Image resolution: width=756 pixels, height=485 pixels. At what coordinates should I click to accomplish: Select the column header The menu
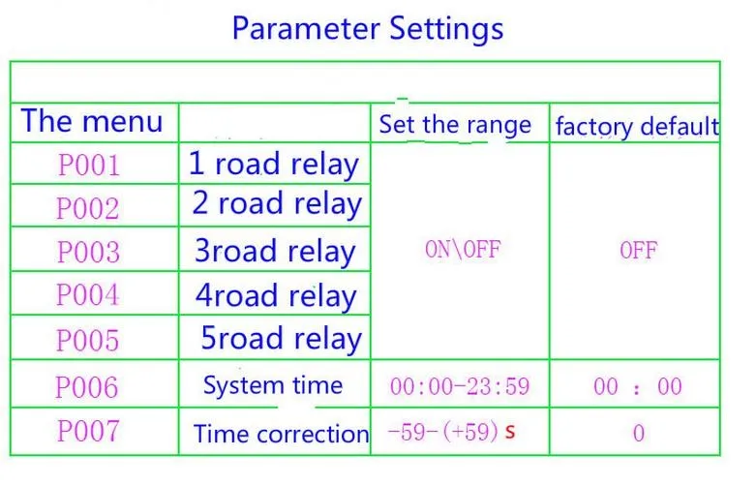click(92, 121)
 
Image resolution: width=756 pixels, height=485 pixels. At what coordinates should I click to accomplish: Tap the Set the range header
click(455, 125)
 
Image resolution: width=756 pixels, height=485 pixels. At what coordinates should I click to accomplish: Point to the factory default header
click(637, 127)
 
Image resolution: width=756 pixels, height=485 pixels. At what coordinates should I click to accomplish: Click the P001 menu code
click(89, 166)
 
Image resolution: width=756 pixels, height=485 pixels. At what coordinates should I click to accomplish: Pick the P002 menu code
click(88, 208)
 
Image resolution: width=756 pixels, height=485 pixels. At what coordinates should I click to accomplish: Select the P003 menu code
click(88, 251)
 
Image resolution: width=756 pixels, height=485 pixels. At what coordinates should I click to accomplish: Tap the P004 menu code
click(88, 294)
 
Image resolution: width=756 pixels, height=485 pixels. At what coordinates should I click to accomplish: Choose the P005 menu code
click(88, 340)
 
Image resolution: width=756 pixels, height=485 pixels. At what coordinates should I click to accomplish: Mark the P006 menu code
click(87, 386)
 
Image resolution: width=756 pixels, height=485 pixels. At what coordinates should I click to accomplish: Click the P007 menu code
click(88, 431)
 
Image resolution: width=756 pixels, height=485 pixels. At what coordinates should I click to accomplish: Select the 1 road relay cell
click(274, 165)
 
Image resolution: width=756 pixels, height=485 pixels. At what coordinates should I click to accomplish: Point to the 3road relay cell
click(275, 252)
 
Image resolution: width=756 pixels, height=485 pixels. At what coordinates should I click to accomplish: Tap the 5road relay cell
click(281, 339)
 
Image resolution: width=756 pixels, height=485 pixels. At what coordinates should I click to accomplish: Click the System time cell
click(273, 385)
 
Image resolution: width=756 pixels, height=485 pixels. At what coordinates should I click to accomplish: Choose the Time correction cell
click(281, 434)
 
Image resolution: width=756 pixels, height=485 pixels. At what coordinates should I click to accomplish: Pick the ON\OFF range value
click(463, 250)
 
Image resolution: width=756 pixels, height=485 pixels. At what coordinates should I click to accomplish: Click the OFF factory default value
click(638, 250)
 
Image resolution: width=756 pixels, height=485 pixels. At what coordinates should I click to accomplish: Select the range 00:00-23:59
click(460, 386)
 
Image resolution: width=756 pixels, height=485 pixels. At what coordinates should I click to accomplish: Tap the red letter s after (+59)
click(510, 431)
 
